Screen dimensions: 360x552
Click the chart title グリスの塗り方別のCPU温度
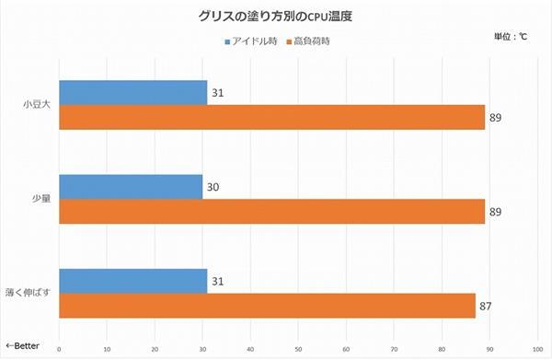[x=276, y=17]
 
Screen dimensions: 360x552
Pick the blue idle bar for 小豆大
[x=133, y=92]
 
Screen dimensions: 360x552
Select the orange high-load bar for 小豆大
[x=272, y=117]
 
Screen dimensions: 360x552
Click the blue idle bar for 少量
[x=131, y=187]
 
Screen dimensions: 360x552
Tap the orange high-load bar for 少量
[x=272, y=212]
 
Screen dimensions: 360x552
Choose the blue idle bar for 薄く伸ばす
[x=133, y=281]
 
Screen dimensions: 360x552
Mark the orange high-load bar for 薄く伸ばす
[x=268, y=306]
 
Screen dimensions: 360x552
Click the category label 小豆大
[x=37, y=105]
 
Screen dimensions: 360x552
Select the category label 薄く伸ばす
[x=30, y=294]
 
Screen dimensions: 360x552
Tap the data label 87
[x=486, y=306]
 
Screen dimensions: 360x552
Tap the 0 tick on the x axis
[x=59, y=349]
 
